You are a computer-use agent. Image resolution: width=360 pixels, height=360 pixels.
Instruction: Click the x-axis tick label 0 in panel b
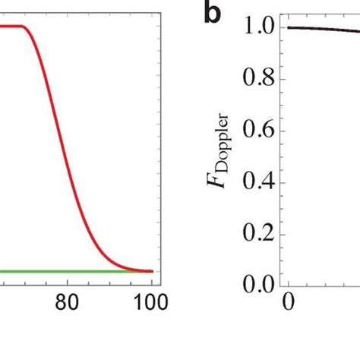[289, 302]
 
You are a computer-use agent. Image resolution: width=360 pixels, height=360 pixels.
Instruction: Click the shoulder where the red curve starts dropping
[28, 28]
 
